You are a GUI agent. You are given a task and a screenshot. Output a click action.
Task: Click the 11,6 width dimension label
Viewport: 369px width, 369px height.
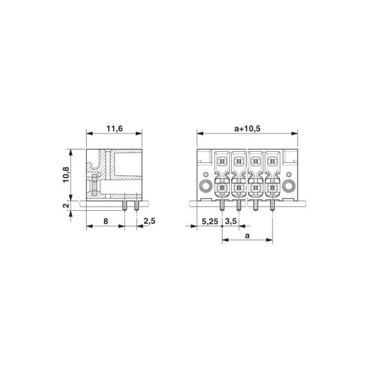tap(114, 129)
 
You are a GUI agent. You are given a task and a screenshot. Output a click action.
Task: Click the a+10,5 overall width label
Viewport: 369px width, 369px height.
tap(248, 129)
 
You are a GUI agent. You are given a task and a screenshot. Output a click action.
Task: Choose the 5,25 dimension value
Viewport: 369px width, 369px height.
tap(209, 220)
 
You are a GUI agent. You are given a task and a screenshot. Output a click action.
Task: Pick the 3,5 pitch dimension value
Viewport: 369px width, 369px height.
tap(231, 220)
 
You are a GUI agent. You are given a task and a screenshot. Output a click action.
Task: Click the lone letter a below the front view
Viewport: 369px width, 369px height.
tap(247, 235)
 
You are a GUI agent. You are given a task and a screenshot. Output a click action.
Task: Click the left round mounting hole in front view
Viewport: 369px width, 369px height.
tap(205, 186)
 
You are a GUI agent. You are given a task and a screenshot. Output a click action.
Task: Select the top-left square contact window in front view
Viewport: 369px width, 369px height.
tap(223, 162)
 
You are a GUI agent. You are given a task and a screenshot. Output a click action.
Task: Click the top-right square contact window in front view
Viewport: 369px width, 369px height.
tap(271, 162)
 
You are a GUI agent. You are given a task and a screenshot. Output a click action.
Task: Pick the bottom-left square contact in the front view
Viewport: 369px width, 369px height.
tap(223, 188)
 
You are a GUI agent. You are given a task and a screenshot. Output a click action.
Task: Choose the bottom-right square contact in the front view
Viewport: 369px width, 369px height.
tap(271, 188)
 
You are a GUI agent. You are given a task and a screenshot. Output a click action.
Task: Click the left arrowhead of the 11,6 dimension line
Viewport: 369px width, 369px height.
tap(88, 134)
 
